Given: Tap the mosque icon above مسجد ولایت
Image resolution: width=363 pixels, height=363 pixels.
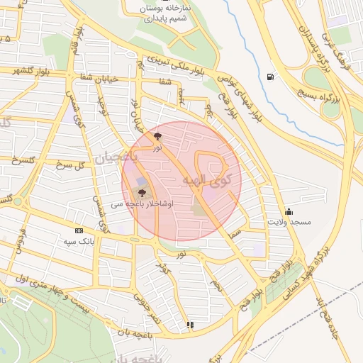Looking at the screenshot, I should (289, 211).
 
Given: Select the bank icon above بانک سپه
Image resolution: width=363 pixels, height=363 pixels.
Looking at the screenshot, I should (79, 230).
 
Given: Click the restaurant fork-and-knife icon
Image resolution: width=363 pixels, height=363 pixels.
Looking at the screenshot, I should (189, 325).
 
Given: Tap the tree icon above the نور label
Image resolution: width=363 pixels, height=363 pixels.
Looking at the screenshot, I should (157, 135).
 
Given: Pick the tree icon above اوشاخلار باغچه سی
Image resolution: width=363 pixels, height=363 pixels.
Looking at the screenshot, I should (143, 191).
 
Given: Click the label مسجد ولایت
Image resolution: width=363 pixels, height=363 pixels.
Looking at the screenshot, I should (289, 222).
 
